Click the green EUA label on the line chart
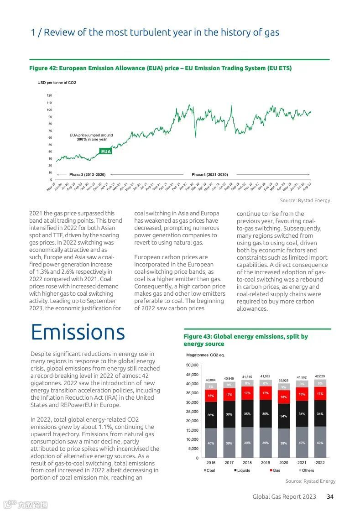pyautogui.click(x=106, y=152)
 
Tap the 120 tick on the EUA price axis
pyautogui.click(x=49, y=96)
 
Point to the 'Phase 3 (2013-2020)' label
pyautogui.click(x=87, y=175)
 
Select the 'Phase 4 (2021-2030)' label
pyautogui.click(x=209, y=175)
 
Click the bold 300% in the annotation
pyautogui.click(x=82, y=139)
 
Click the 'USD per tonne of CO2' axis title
pyautogui.click(x=57, y=83)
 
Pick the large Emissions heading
pyautogui.click(x=78, y=332)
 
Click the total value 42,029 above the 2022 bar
pyautogui.click(x=320, y=376)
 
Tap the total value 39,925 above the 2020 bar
pyautogui.click(x=283, y=381)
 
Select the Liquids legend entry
pyautogui.click(x=242, y=470)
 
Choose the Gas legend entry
pyautogui.click(x=275, y=470)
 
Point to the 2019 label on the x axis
pyautogui.click(x=265, y=462)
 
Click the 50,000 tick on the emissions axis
pyautogui.click(x=192, y=365)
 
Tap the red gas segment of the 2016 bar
pyautogui.click(x=211, y=396)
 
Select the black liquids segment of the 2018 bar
pyautogui.click(x=247, y=414)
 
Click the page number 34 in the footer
pyautogui.click(x=330, y=496)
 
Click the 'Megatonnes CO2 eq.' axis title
pyautogui.click(x=205, y=355)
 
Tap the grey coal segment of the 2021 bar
pyautogui.click(x=302, y=443)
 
